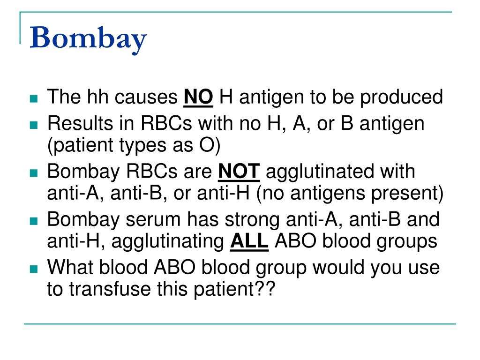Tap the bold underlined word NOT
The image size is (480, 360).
point(239,172)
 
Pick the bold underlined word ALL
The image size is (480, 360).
point(249,242)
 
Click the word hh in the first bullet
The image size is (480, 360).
point(97,97)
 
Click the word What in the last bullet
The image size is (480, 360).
point(69,268)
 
